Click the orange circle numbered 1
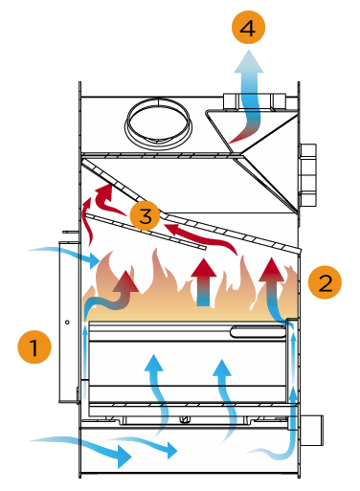coord(34,346)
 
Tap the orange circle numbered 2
coord(325,282)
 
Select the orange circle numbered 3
coord(146,215)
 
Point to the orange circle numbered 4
coord(248,27)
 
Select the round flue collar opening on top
coord(159,124)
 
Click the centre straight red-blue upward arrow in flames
coord(204,282)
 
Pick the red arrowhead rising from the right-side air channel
coord(272,270)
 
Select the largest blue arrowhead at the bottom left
coord(124,457)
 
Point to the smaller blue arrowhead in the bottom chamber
coord(171,450)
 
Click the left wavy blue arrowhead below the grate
coord(154,363)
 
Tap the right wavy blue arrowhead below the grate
coord(222,368)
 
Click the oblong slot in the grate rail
coord(258,332)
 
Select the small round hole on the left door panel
coord(67,323)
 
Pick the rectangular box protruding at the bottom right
coord(312,431)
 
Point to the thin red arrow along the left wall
coord(88,222)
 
